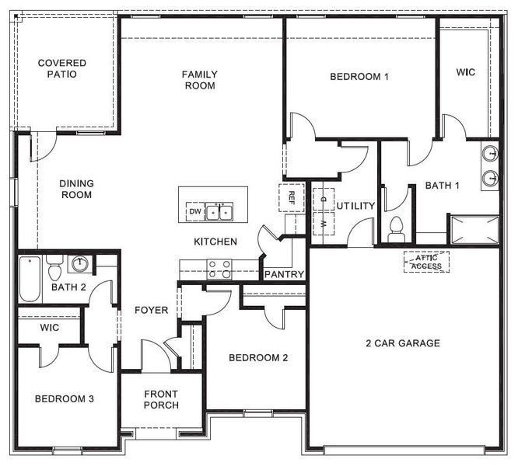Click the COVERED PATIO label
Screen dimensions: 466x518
[x=62, y=69]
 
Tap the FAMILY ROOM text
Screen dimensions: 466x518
[x=200, y=80]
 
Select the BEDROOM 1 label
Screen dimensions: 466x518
[x=359, y=76]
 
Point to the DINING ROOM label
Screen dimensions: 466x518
[x=76, y=189]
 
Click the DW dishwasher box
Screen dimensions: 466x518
[x=194, y=211]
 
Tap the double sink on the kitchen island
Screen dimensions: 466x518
[x=219, y=211]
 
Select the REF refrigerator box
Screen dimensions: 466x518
[x=292, y=197]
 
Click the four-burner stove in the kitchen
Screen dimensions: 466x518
[x=219, y=269]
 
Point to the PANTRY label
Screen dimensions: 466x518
[x=284, y=274]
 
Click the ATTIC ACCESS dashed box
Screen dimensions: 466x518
[x=426, y=262]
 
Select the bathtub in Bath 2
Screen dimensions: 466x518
[x=29, y=279]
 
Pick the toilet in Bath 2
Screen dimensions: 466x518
[x=54, y=270]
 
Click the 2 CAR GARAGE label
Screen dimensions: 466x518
[x=403, y=343]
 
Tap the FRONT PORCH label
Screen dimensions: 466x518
[x=161, y=399]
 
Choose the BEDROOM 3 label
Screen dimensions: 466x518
[x=65, y=398]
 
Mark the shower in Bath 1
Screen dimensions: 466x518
[x=474, y=229]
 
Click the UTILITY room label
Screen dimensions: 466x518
[x=355, y=206]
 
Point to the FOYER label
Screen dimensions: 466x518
[x=151, y=310]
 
